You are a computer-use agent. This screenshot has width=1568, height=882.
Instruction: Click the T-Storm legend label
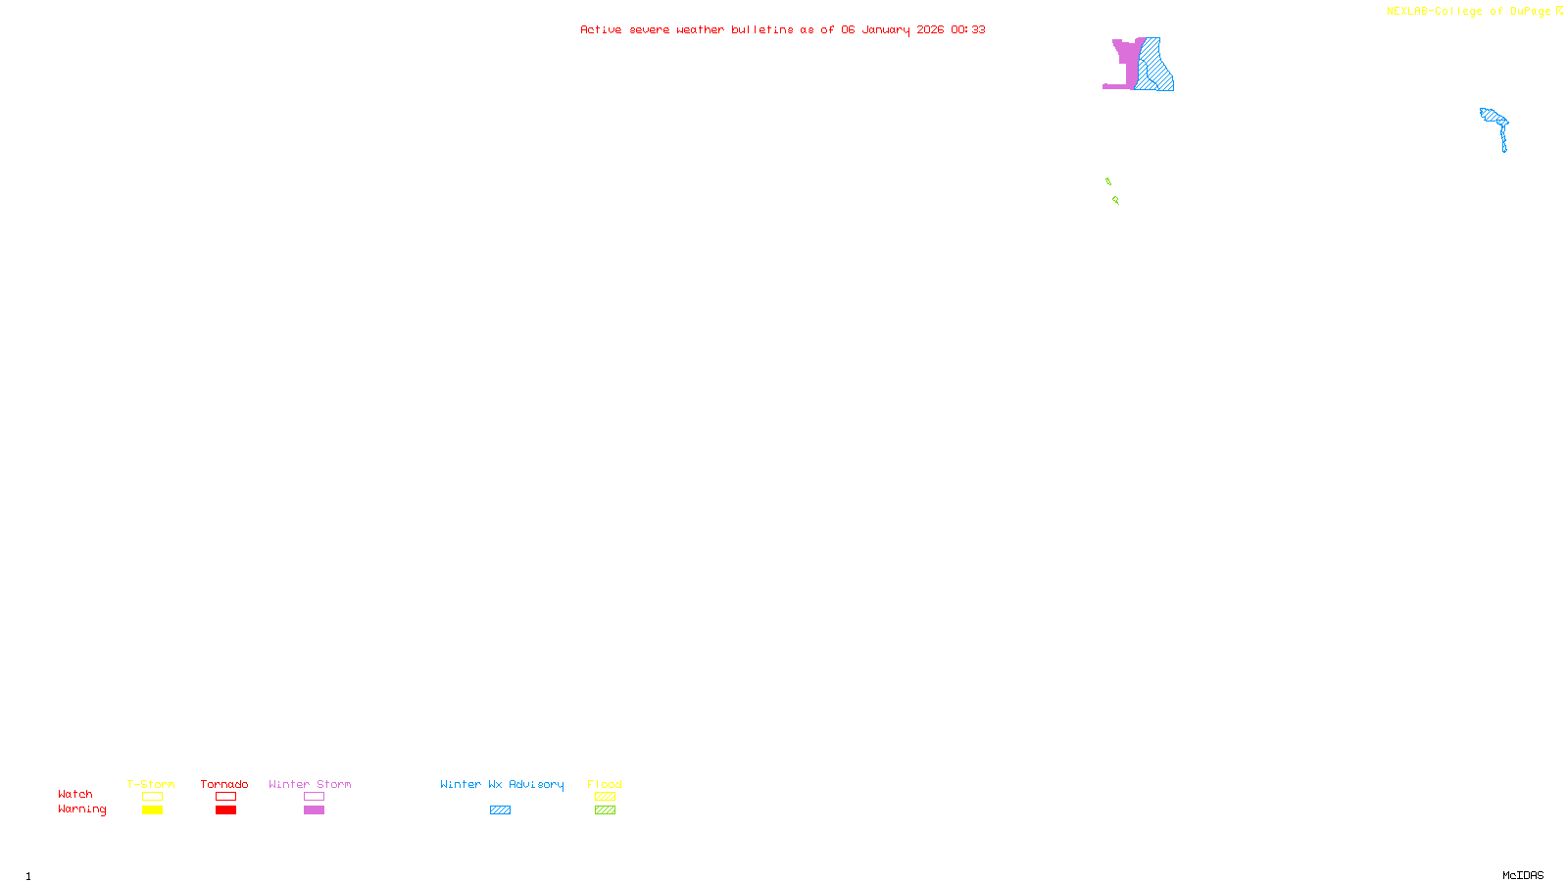click(151, 784)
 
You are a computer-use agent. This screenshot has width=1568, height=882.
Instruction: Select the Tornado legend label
click(224, 784)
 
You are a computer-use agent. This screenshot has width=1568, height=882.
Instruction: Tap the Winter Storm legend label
click(310, 784)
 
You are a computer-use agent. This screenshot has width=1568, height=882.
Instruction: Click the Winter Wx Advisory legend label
click(502, 784)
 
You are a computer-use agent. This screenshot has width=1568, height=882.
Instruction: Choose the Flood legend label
click(605, 784)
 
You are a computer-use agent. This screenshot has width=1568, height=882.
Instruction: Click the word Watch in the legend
click(75, 794)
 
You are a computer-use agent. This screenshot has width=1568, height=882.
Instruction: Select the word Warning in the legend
click(81, 809)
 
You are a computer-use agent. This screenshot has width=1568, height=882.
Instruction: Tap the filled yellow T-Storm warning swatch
click(152, 810)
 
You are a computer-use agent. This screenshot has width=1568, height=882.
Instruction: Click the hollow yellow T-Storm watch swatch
click(152, 797)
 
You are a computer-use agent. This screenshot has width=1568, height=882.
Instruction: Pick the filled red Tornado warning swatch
click(226, 810)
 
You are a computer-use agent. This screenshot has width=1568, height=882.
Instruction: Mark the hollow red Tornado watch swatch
click(226, 797)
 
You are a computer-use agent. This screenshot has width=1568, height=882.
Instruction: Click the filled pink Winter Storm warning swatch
click(314, 810)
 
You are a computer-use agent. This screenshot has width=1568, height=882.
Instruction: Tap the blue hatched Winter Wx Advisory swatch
click(500, 810)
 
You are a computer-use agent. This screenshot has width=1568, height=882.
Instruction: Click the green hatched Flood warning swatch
click(605, 810)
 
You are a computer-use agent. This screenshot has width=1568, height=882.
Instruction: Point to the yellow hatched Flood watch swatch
click(605, 797)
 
